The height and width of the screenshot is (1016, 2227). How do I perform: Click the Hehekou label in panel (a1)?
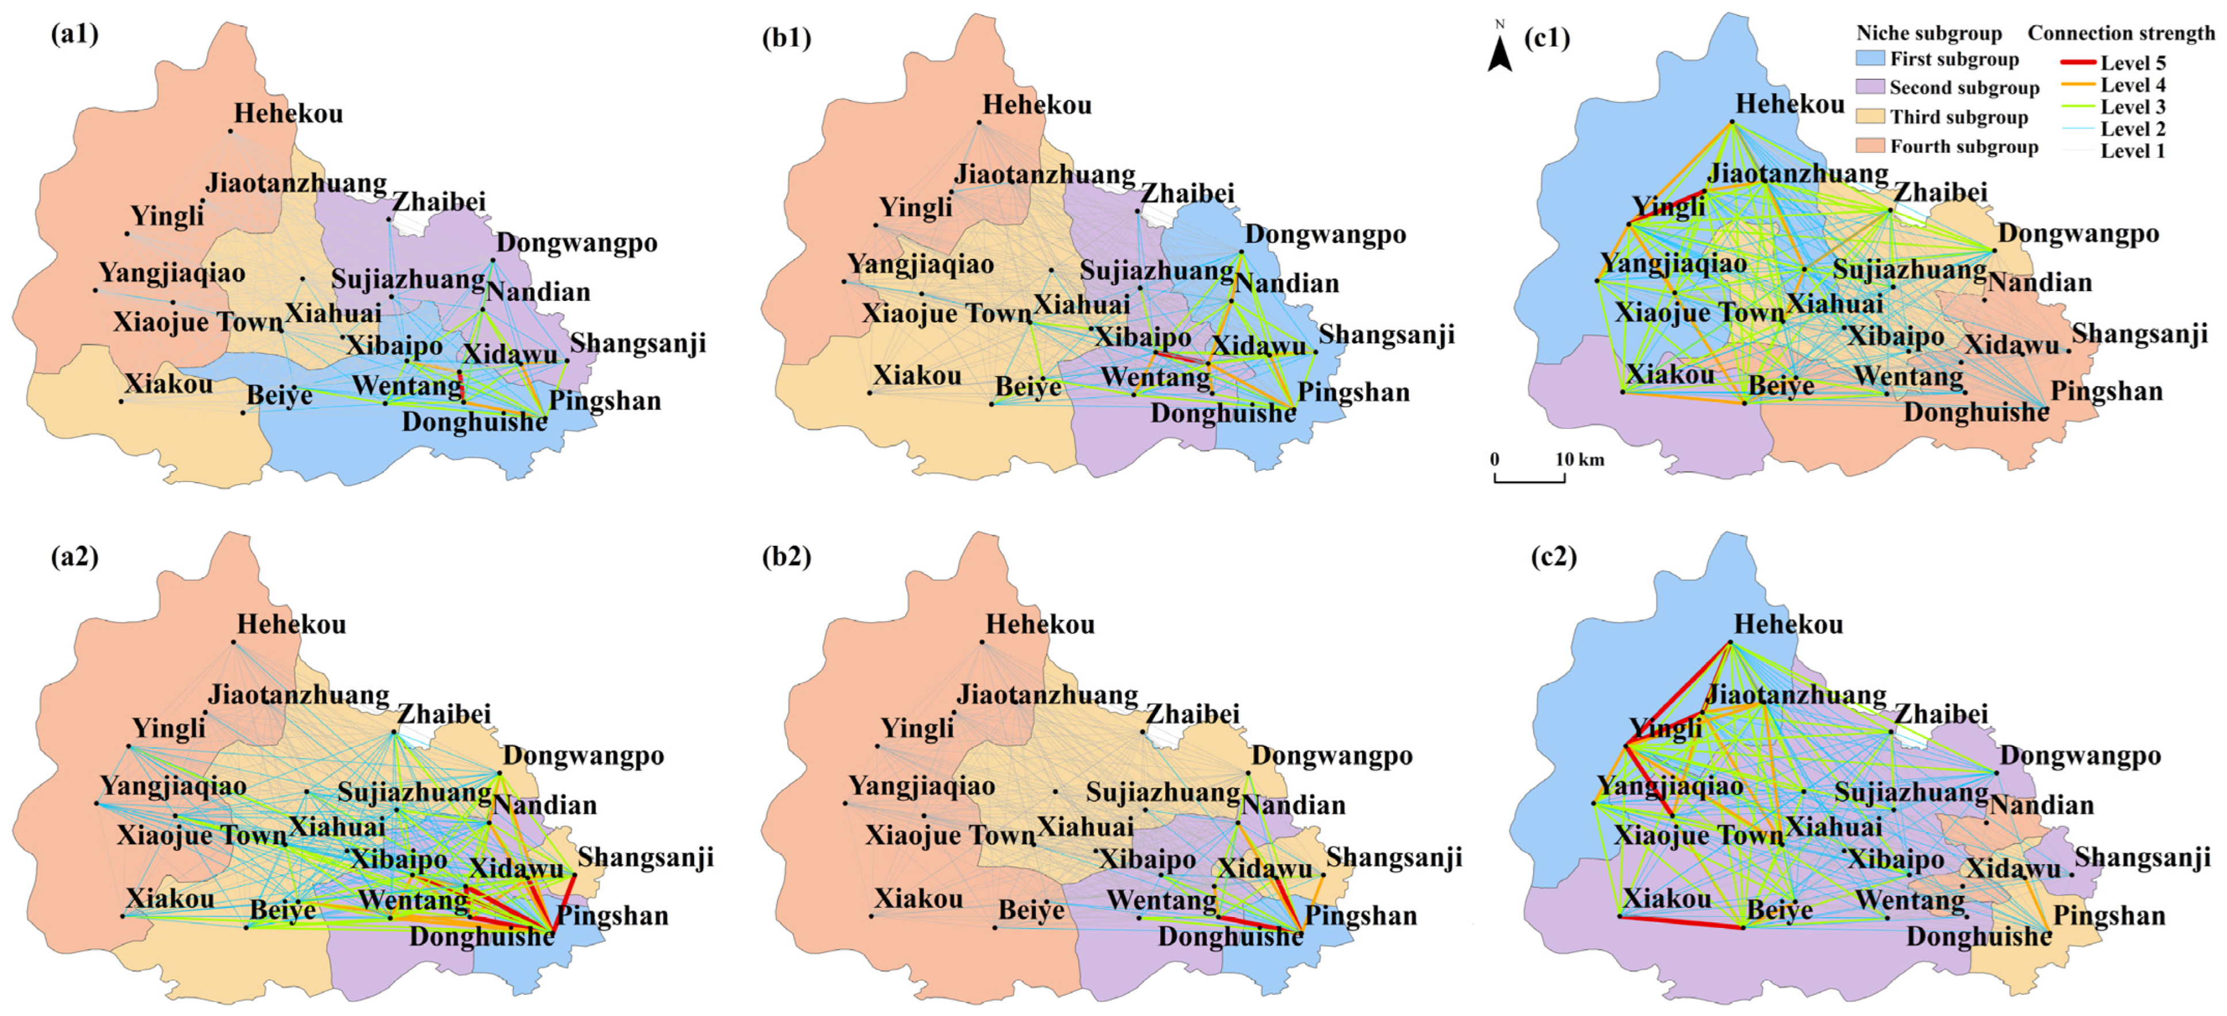click(289, 113)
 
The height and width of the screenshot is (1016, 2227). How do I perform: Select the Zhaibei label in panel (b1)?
click(1187, 193)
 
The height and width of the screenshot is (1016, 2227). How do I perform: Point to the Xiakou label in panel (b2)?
click(918, 899)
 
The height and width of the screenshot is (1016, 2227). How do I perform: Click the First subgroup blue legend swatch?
click(1870, 59)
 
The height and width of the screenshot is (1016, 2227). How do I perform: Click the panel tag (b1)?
click(786, 38)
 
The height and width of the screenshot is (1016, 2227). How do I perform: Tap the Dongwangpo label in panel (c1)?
click(2078, 234)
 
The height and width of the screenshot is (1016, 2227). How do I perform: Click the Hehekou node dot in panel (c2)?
click(1731, 641)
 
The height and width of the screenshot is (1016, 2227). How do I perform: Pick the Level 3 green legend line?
click(2077, 107)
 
